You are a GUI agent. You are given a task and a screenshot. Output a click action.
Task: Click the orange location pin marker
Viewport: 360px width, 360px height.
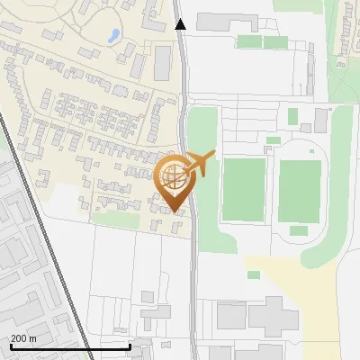click(175, 180)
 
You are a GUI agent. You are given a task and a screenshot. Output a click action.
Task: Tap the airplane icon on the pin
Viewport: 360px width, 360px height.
click(200, 164)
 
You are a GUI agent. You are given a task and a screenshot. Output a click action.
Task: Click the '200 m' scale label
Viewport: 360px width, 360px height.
click(24, 337)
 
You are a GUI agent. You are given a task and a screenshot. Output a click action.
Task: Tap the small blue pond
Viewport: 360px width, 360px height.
click(113, 36)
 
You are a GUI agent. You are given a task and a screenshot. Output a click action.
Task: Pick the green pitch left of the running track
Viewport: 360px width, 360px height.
click(244, 188)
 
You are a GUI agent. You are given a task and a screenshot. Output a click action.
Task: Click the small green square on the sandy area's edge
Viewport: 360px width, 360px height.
click(254, 274)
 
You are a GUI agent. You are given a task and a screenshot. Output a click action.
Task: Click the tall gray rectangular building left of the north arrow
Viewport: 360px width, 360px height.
click(163, 62)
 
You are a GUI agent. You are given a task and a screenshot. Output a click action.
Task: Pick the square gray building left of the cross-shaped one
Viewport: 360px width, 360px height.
click(231, 316)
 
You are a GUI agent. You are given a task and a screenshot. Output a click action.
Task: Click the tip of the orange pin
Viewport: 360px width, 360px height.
click(175, 212)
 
